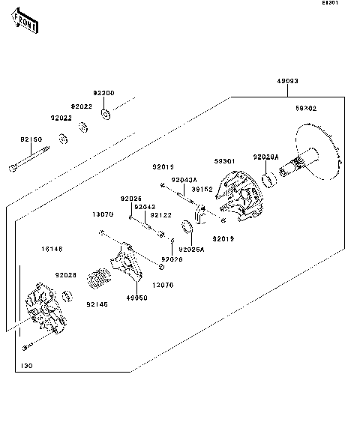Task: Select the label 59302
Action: [305, 108]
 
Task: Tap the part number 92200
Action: [103, 93]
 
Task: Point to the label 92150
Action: [31, 139]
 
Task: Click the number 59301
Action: [225, 160]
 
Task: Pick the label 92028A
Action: [265, 157]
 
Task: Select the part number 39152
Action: [200, 190]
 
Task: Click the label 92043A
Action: [184, 180]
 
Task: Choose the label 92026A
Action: [191, 249]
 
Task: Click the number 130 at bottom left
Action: [27, 366]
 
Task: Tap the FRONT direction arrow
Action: [24, 25]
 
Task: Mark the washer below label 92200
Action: [109, 114]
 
